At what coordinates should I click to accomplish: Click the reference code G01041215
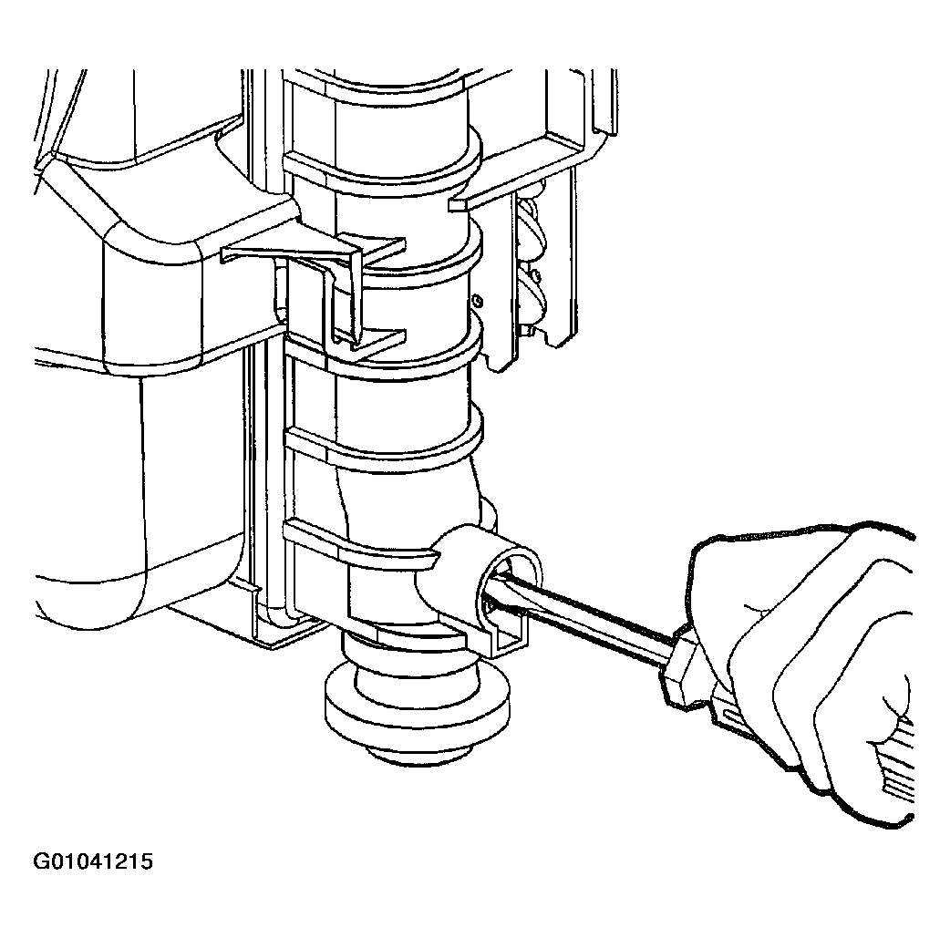click(93, 861)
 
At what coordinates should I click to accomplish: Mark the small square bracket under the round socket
click(508, 636)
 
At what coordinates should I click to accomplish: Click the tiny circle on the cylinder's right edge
click(478, 299)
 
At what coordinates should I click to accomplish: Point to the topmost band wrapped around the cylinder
click(382, 162)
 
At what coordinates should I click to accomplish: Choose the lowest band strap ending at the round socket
click(364, 545)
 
